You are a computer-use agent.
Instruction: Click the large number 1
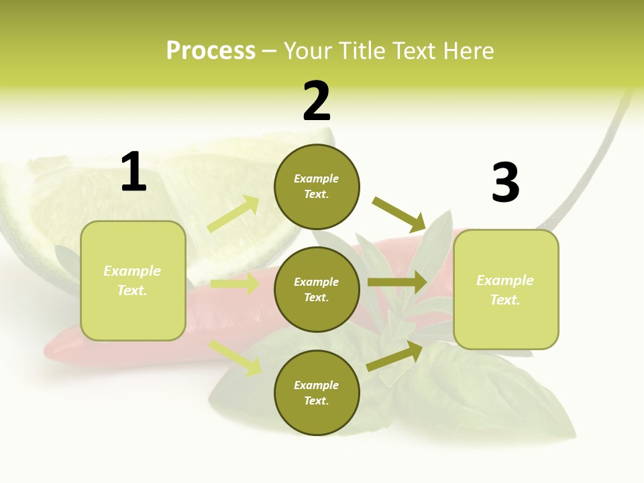133,172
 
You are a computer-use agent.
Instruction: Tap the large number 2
317,101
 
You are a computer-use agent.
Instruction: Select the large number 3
505,183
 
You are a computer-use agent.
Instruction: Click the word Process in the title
211,51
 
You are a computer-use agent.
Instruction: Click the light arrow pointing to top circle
233,214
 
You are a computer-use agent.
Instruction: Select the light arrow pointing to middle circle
235,284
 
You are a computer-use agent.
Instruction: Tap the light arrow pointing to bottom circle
235,358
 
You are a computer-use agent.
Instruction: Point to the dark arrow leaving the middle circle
397,282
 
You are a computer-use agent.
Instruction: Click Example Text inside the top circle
317,186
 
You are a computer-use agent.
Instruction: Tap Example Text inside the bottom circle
317,393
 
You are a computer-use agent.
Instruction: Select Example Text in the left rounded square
133,280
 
